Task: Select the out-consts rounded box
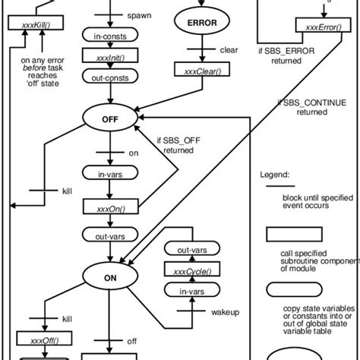111,78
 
